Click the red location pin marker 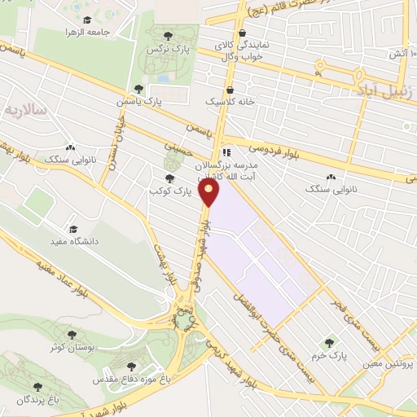pyautogui.click(x=211, y=192)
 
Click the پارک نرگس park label pyautogui.click(x=162, y=50)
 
